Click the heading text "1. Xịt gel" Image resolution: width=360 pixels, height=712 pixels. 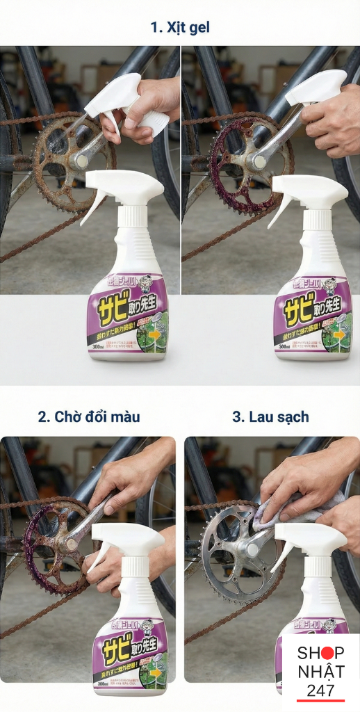(x=180, y=28)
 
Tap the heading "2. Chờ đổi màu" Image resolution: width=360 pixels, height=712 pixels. (x=89, y=417)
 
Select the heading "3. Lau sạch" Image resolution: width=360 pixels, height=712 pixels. (x=270, y=417)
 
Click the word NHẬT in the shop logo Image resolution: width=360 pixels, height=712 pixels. (x=321, y=672)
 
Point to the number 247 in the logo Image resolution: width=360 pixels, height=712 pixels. (x=321, y=690)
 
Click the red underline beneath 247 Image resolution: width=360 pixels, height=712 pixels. (x=321, y=700)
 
